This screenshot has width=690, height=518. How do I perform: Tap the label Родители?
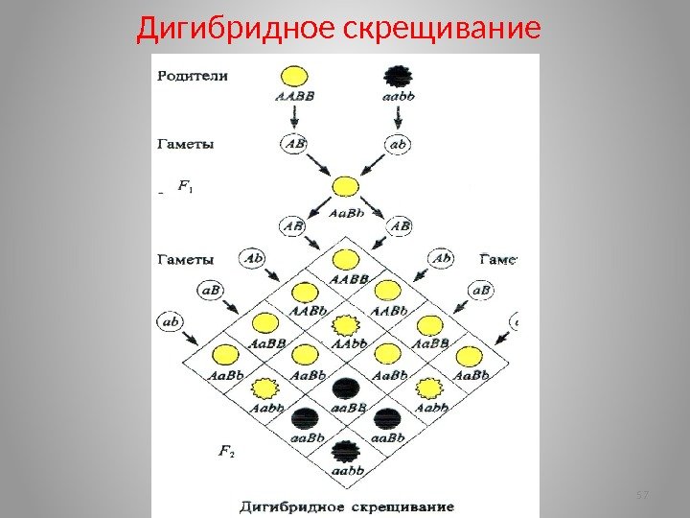[x=193, y=73]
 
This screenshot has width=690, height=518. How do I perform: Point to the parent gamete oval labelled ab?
[x=401, y=143]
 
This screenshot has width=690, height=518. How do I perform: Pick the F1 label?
[x=185, y=188]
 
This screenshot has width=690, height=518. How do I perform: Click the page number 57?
[x=642, y=494]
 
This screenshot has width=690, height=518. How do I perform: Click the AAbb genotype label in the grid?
[x=347, y=342]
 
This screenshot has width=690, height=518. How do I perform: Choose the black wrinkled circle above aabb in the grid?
[x=346, y=450]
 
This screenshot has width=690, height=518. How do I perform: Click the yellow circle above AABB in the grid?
[x=346, y=259]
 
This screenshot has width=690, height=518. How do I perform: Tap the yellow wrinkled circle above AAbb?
[x=346, y=324]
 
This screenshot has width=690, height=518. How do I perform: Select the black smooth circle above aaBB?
[x=346, y=388]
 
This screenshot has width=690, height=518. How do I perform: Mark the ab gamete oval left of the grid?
[x=171, y=322]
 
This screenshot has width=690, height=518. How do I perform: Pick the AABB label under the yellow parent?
[x=293, y=96]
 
